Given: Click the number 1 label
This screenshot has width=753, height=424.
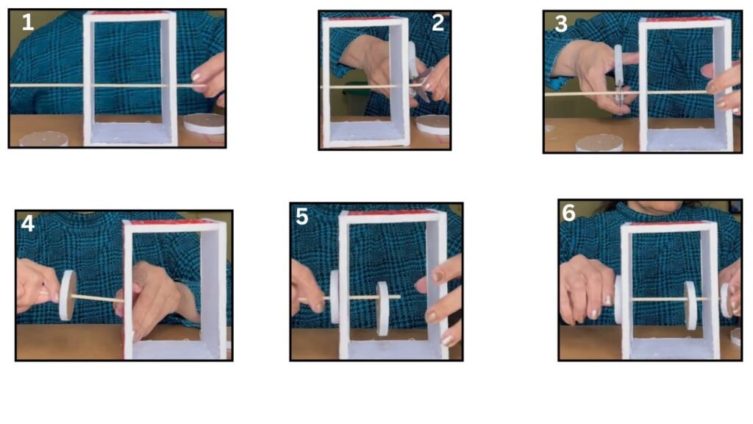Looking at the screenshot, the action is pos(28,23).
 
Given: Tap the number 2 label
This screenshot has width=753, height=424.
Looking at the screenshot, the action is pos(438,23).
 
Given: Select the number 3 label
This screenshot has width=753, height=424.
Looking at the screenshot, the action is pos(561,24).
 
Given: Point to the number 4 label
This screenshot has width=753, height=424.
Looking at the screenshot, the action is pos(28,224).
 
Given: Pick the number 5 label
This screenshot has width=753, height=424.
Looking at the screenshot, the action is pos(301,217).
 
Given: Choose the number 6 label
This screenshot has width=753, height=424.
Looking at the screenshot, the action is pos(568,213).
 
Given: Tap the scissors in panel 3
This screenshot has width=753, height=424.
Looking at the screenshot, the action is pos(618,76).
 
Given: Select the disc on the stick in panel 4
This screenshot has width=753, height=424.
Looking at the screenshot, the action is pos(67,295).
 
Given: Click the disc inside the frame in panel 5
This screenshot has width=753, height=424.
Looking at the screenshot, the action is pos(382,308).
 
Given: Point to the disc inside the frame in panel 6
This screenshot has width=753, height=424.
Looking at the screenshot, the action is pos(690,305).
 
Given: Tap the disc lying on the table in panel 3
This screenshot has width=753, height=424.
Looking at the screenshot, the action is pos(599,143).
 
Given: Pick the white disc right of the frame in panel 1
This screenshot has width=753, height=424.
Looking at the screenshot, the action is pos(204,124).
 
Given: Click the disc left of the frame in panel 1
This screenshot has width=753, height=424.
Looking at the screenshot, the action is pos(44,139).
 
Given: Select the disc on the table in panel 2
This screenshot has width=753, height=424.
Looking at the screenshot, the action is pos(432,125).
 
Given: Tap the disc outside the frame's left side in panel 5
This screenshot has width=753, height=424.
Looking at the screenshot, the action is pos(335,297).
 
